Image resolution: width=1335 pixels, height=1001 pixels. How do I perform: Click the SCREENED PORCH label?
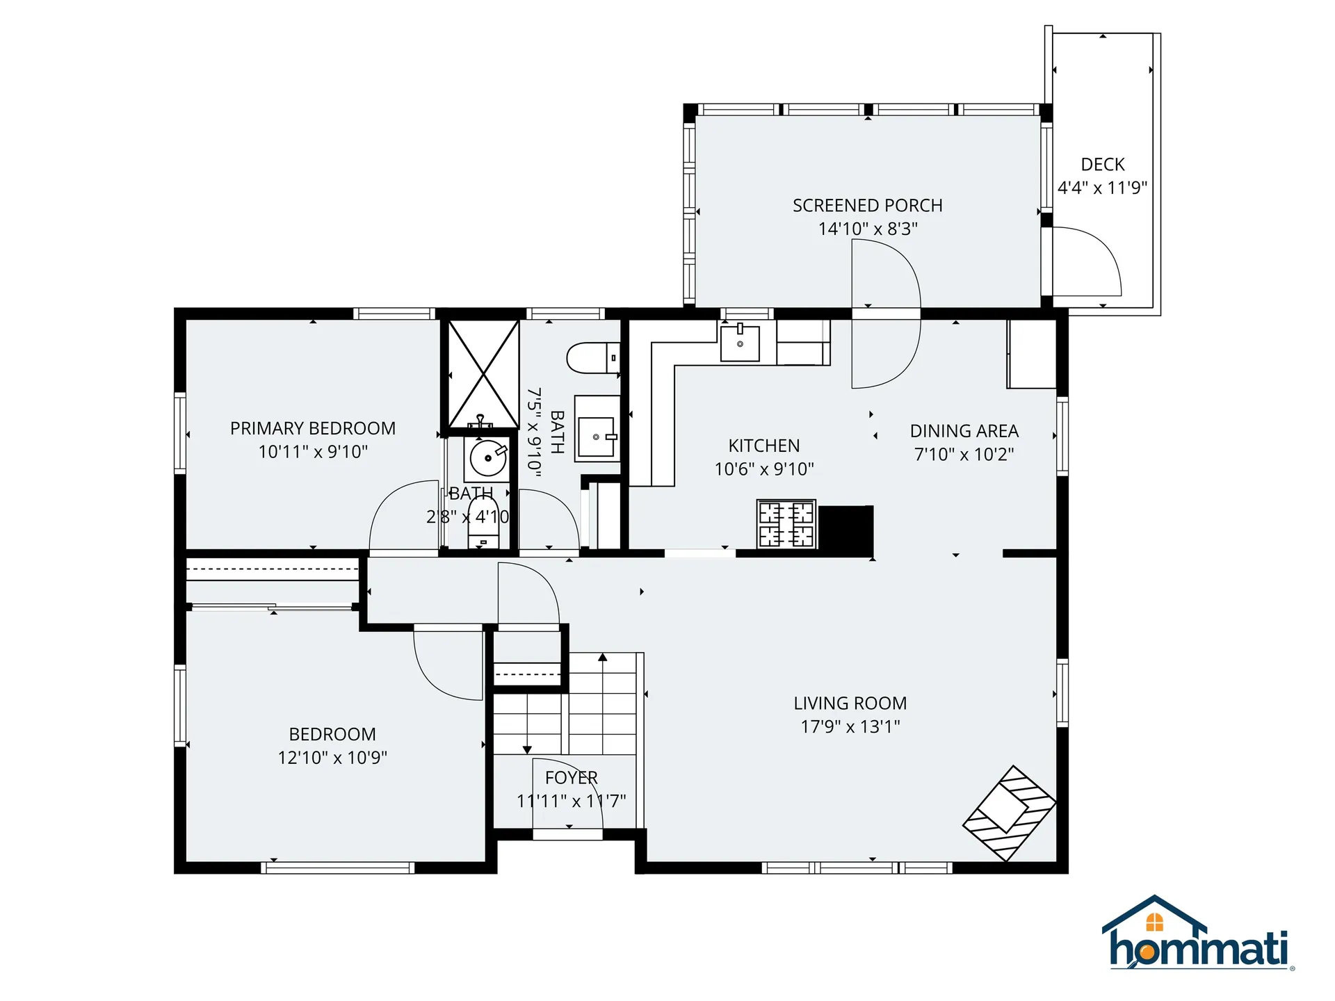(x=867, y=206)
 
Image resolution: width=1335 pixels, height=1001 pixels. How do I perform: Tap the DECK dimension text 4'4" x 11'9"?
(x=1102, y=188)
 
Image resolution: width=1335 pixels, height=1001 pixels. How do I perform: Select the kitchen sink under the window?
(x=739, y=343)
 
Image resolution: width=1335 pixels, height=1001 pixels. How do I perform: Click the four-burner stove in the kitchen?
(x=786, y=523)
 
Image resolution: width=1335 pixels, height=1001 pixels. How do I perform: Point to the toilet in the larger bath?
(x=591, y=358)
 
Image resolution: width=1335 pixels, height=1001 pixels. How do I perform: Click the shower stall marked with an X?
(x=483, y=374)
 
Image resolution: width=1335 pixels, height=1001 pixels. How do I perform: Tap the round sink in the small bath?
(x=487, y=458)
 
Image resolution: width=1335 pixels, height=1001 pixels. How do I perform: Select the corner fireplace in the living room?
(x=1009, y=813)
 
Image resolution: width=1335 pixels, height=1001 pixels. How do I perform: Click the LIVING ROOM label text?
(x=850, y=703)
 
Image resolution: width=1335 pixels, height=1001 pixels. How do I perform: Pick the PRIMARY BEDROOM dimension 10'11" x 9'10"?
(x=313, y=452)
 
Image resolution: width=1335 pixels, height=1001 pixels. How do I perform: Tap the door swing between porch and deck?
(x=1088, y=261)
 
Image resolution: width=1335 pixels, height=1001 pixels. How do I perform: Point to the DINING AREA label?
(x=964, y=431)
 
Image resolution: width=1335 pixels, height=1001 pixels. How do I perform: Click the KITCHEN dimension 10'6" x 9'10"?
(x=763, y=469)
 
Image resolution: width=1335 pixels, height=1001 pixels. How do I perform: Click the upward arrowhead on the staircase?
(x=602, y=657)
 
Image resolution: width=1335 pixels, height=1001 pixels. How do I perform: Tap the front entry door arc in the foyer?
(x=567, y=792)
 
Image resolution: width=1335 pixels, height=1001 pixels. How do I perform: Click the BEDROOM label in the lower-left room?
(x=332, y=734)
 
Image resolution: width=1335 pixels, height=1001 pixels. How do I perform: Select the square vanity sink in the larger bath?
(x=596, y=437)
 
